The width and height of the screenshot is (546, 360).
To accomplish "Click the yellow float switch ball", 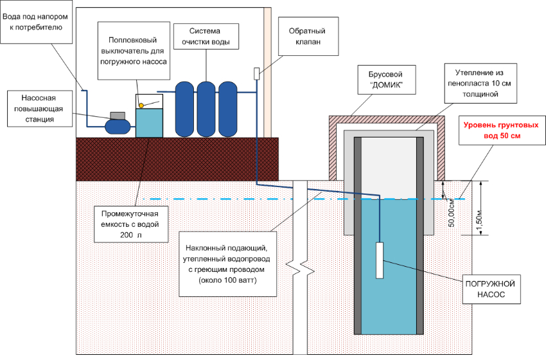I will [x=141, y=104].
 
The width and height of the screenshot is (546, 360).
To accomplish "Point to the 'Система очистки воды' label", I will [x=206, y=37].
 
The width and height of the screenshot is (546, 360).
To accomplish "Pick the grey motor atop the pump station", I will [x=118, y=115].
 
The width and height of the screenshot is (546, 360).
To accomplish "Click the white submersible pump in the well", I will [x=380, y=260].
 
